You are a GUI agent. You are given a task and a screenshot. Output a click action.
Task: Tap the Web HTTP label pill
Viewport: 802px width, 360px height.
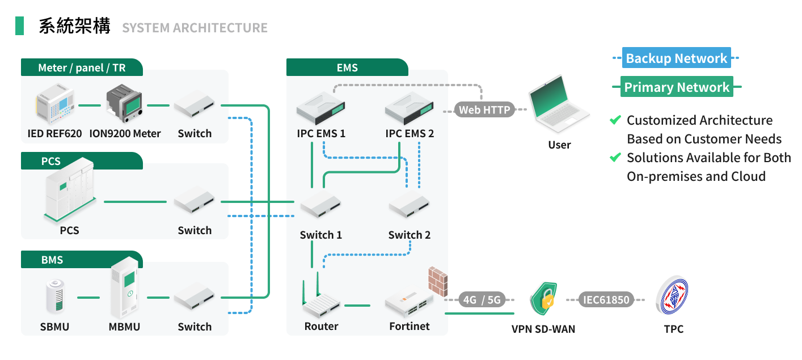pos(484,109)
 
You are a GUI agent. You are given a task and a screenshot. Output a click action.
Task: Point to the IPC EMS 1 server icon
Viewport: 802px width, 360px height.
pos(321,108)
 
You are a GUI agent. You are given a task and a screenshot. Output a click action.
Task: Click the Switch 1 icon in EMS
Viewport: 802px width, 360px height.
pos(320,205)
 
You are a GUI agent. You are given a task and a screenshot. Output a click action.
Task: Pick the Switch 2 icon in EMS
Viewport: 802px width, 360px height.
pos(409,205)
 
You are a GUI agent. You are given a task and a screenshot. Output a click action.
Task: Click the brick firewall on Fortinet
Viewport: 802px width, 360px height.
pos(437,280)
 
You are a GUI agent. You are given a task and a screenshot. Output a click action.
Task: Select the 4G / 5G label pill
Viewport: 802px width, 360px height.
pos(482,299)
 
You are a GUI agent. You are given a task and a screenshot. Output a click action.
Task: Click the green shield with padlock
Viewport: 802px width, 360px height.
pos(543,298)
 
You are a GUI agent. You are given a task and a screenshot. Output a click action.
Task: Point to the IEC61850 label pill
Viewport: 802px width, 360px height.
pos(606,299)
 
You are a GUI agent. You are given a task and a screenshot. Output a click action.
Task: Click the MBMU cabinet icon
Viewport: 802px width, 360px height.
pos(124,289)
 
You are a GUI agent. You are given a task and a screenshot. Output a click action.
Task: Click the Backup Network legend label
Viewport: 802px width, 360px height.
pos(676,58)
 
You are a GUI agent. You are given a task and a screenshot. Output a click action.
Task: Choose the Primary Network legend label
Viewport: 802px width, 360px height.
pos(676,87)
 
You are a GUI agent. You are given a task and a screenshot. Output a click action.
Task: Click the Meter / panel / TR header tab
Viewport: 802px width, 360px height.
pos(82,67)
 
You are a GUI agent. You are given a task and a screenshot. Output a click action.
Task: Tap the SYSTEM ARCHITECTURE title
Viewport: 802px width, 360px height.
pos(195,27)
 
